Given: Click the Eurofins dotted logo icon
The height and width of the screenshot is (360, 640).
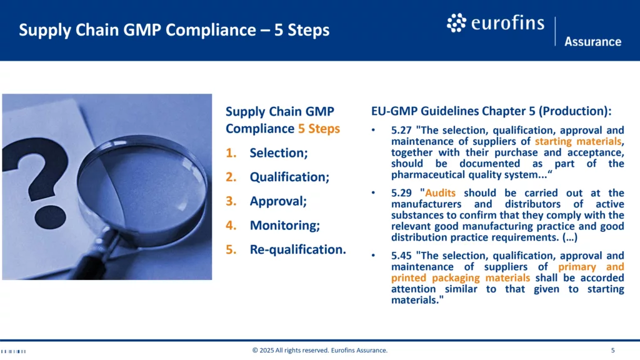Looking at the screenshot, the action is pos(456,23).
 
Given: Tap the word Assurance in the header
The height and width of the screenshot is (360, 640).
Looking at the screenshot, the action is pos(592,42).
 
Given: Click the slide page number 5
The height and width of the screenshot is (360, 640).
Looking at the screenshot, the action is pos(612,350).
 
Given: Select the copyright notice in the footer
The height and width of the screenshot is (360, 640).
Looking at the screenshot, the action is pos(320,350).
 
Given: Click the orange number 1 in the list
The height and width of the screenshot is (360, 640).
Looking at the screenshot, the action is pos(231,152).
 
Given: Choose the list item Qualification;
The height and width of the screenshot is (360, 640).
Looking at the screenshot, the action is pos(289,177).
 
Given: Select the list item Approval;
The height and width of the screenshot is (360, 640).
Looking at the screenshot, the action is pos(278,201).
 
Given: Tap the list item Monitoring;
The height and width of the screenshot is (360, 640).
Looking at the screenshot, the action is pos(285,225).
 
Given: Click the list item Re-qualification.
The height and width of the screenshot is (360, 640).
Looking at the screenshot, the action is pos(298,249).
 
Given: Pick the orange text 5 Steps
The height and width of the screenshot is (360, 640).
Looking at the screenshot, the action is pos(319,129).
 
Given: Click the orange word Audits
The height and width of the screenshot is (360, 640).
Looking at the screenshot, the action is pos(440,192).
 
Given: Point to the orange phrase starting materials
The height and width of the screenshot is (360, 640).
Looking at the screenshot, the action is pos(578,141).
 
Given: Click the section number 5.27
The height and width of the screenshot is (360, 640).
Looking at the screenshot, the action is pos(401,130).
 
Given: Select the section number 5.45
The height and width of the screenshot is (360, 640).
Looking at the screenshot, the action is pos(401,256).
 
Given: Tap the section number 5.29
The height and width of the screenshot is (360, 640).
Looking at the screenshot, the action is pos(401,192).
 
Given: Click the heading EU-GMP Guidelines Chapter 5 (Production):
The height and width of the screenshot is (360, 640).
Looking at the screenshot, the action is pos(491,111).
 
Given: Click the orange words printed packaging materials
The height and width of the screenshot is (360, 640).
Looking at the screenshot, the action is pos(461,278).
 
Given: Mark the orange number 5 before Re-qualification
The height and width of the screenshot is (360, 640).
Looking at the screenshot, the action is pos(231,249).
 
